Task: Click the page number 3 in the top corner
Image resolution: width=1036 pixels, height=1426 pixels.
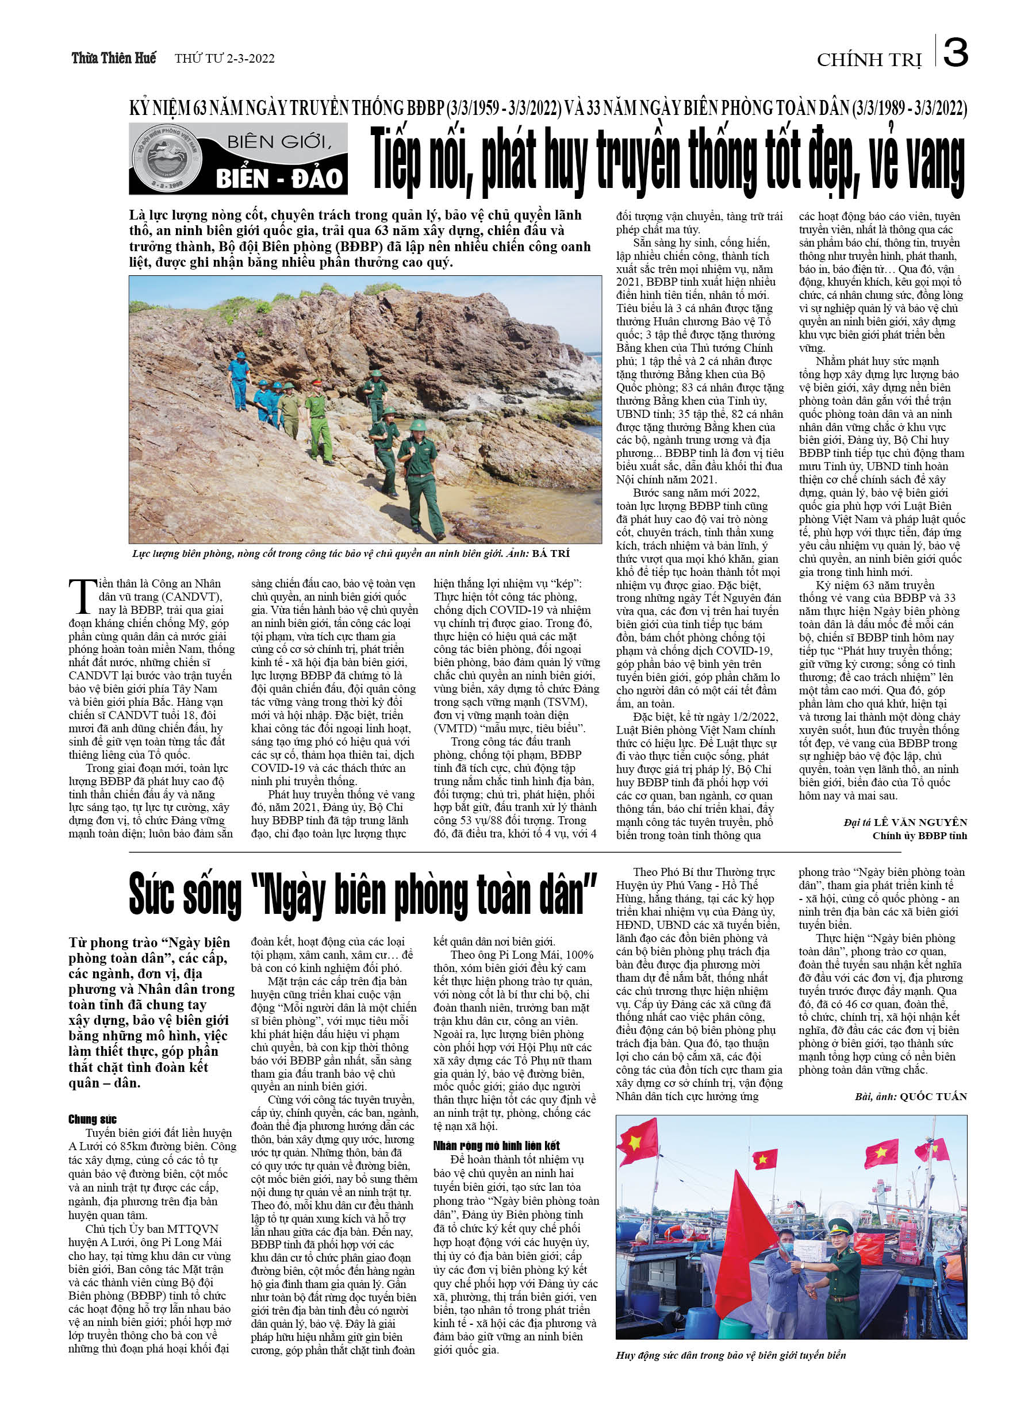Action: [x=955, y=53]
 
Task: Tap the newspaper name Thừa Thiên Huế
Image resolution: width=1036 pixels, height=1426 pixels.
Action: [x=114, y=59]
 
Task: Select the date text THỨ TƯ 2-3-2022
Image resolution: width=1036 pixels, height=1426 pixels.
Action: [x=225, y=59]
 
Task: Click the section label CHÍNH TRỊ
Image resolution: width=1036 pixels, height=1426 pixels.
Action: [x=869, y=60]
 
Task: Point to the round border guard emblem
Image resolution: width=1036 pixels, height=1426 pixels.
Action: [x=162, y=159]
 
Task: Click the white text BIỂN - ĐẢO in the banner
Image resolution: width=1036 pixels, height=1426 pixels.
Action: [x=279, y=179]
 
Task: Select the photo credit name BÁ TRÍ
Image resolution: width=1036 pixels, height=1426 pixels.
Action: [x=550, y=554]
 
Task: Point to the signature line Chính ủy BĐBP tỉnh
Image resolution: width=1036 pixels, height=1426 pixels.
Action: [x=919, y=836]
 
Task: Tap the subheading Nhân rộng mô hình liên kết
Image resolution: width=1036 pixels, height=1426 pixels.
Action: [x=496, y=1146]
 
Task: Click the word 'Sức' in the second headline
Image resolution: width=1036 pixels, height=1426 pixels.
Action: [x=153, y=895]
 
